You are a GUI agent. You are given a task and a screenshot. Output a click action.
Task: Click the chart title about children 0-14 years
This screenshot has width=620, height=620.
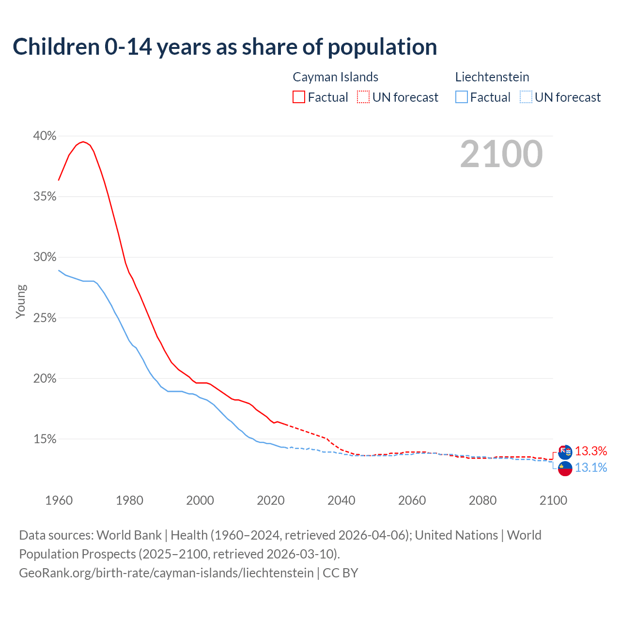coord(225,47)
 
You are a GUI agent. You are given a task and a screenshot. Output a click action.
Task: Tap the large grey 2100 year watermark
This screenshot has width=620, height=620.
coord(501,154)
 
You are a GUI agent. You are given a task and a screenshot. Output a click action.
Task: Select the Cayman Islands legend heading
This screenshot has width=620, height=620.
coord(335,77)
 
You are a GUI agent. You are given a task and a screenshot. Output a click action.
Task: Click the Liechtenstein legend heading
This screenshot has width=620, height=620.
coord(492,77)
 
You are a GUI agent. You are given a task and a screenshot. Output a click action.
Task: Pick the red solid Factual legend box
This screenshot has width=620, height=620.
coord(299,97)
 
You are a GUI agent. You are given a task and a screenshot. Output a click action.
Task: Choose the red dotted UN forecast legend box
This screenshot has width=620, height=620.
coord(363,97)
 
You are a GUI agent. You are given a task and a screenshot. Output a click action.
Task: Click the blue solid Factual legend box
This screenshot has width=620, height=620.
coord(461,97)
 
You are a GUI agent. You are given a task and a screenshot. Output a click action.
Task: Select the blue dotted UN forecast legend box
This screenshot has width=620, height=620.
coord(526,97)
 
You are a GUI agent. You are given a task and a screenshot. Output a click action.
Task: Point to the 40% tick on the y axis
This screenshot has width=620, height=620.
coord(45,136)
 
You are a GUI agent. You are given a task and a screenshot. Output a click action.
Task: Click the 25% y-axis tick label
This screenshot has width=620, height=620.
coord(45,318)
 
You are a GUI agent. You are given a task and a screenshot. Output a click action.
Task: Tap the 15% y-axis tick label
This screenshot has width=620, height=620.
coord(45,439)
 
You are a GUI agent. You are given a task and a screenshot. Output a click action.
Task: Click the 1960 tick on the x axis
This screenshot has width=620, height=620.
coord(59,500)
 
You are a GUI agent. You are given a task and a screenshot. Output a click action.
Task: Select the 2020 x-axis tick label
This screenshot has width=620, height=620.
coord(270,500)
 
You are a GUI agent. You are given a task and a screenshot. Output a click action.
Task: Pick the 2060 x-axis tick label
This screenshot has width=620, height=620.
coord(412,500)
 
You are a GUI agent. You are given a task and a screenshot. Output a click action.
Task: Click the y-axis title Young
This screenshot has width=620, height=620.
coord(20,301)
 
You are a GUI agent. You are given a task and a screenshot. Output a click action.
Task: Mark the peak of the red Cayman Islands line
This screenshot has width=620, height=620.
coord(83,141)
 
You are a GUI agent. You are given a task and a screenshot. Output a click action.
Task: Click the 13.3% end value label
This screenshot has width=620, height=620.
coord(591,451)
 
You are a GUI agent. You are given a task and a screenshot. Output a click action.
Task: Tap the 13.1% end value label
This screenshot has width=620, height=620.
coord(591,468)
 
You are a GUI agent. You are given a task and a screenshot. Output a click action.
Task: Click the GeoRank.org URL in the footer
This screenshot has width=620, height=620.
coord(166,573)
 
